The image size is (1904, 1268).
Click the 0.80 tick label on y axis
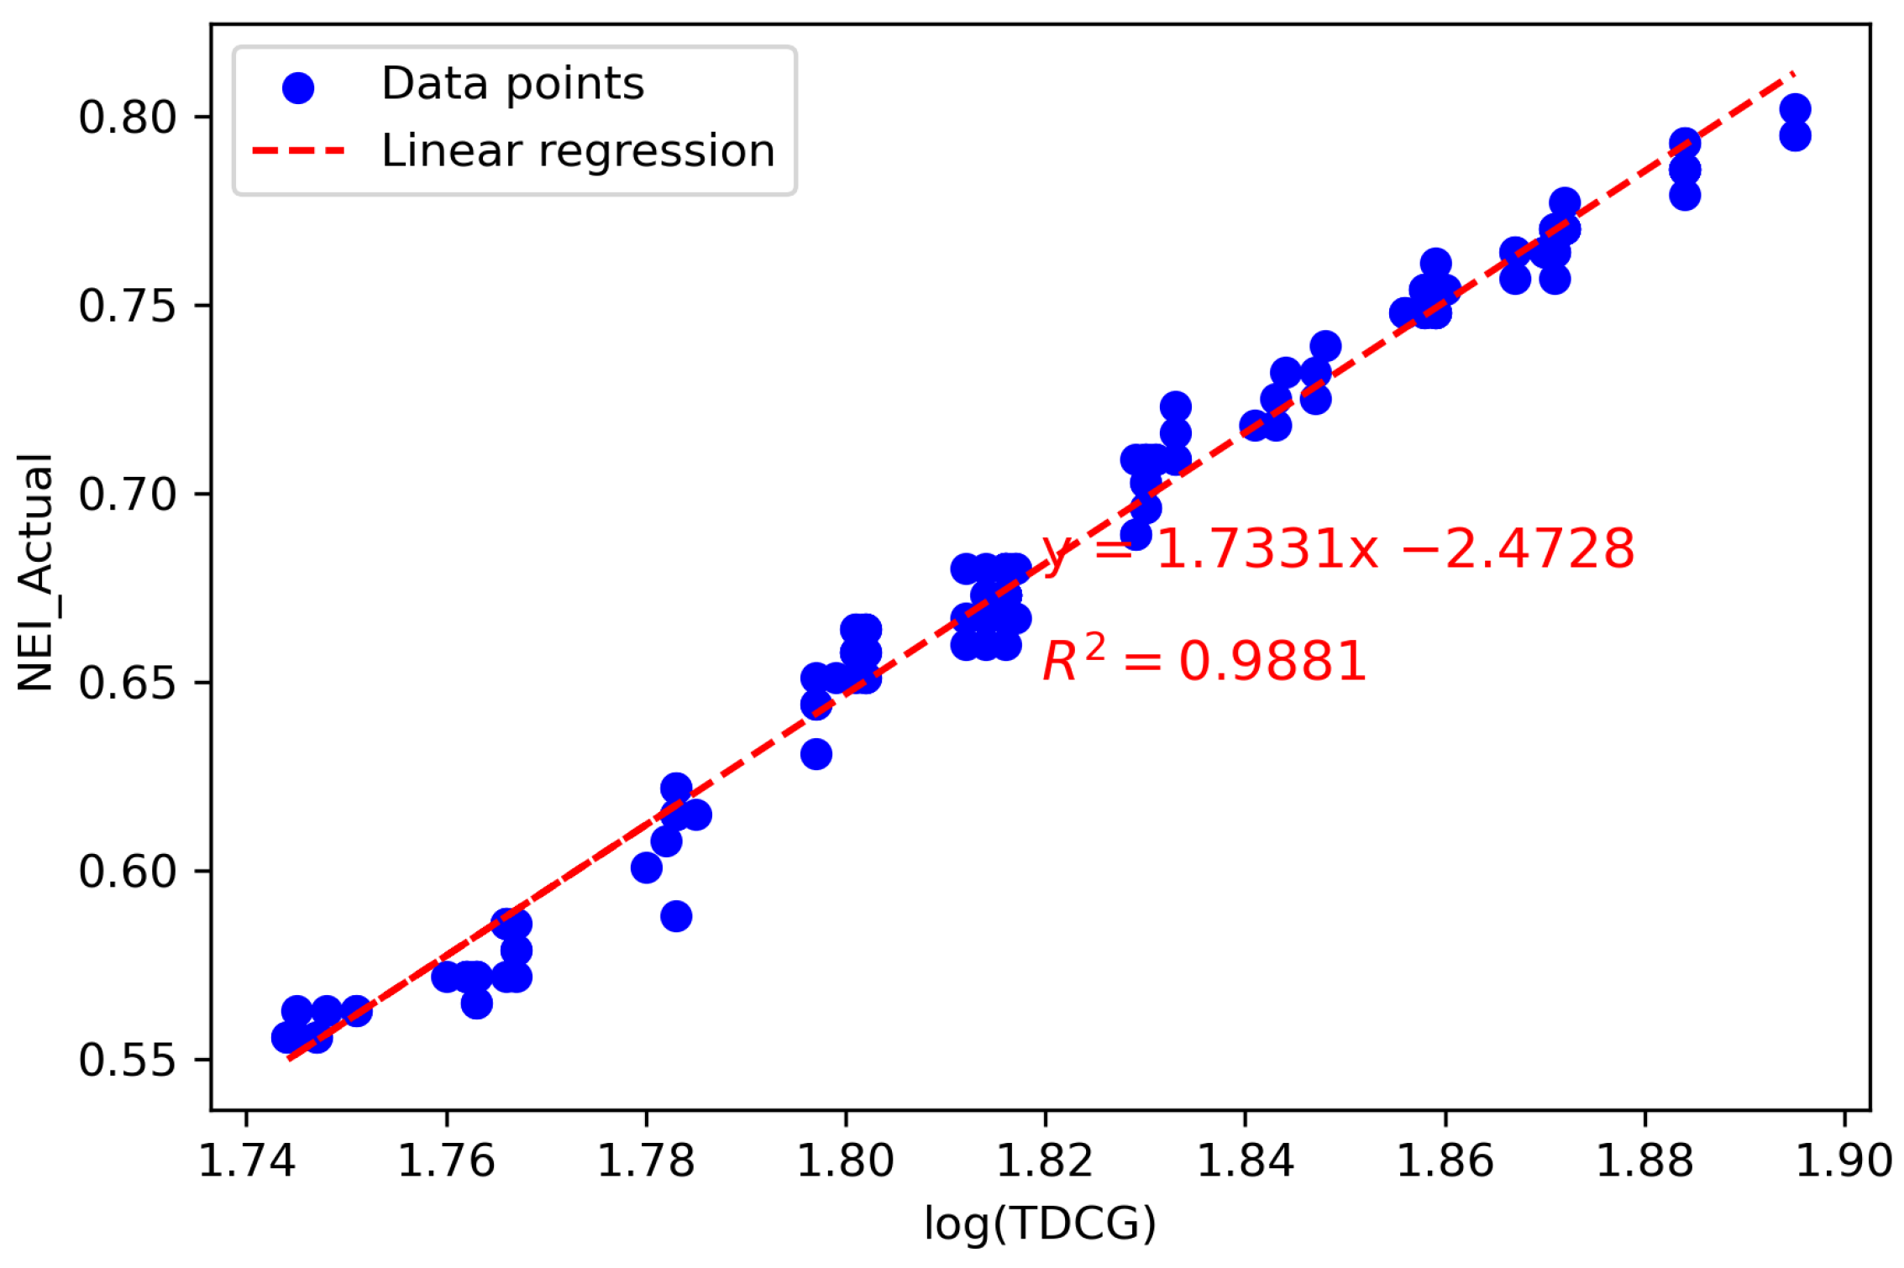128,117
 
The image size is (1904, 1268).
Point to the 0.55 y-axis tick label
128,1060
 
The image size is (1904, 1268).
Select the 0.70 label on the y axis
128,494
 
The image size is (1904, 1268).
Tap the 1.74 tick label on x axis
246,1161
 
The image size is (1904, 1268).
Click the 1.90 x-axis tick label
1844,1161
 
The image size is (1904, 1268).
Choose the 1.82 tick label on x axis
1045,1161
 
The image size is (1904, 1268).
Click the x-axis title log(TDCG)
1040,1223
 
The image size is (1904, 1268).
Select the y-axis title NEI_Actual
36,572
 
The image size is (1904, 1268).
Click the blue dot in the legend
298,87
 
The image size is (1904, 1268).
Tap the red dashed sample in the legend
298,151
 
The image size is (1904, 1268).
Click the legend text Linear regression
578,151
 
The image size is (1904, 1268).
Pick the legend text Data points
512,84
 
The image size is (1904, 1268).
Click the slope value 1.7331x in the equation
1267,549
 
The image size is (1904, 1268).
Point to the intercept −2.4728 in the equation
1518,549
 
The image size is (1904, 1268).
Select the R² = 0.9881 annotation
1204,660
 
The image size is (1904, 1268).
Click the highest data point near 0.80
1795,109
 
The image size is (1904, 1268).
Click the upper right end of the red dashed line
1792,74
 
